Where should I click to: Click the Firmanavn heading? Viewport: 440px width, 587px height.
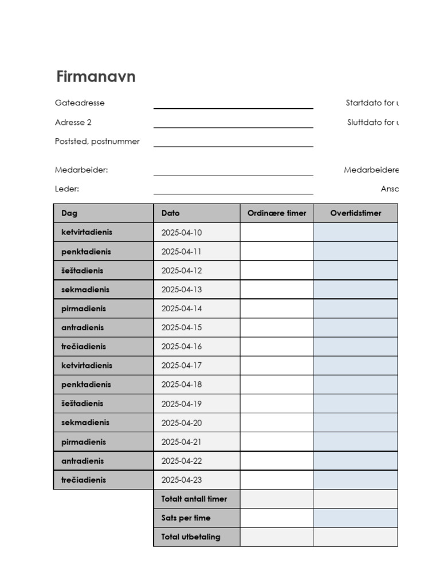96,77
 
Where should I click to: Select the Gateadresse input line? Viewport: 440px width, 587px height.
233,103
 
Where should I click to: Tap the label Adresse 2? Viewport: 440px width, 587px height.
73,122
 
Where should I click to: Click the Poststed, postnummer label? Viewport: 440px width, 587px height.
97,142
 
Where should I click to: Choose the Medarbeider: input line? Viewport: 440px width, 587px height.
233,170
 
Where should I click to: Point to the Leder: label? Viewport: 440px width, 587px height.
67,189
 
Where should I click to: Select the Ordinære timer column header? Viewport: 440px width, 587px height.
277,213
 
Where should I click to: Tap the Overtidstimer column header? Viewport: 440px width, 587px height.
355,213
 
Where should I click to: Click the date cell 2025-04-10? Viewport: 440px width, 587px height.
182,233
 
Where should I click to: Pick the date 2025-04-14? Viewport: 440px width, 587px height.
182,308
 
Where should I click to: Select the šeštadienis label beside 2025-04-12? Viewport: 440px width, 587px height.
82,271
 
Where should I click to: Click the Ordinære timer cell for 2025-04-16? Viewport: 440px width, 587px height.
277,347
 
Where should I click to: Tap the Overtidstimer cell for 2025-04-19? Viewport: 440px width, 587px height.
355,404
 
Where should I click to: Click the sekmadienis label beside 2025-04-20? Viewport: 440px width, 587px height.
85,422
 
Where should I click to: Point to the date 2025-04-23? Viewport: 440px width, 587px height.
182,480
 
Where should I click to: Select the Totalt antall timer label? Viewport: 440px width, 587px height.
194,499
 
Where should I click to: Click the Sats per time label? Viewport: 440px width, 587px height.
186,518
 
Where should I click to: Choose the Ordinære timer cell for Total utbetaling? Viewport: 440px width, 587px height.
277,537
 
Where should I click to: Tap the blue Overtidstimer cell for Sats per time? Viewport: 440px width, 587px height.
355,518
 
